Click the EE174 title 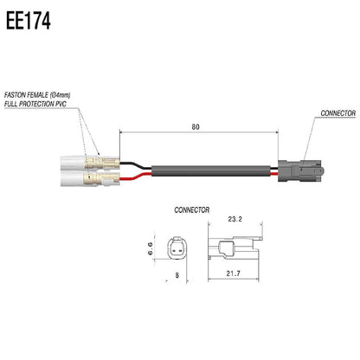[28, 20]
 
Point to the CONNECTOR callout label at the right [337, 113]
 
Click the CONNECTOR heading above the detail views [192, 209]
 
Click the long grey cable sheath [208, 170]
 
